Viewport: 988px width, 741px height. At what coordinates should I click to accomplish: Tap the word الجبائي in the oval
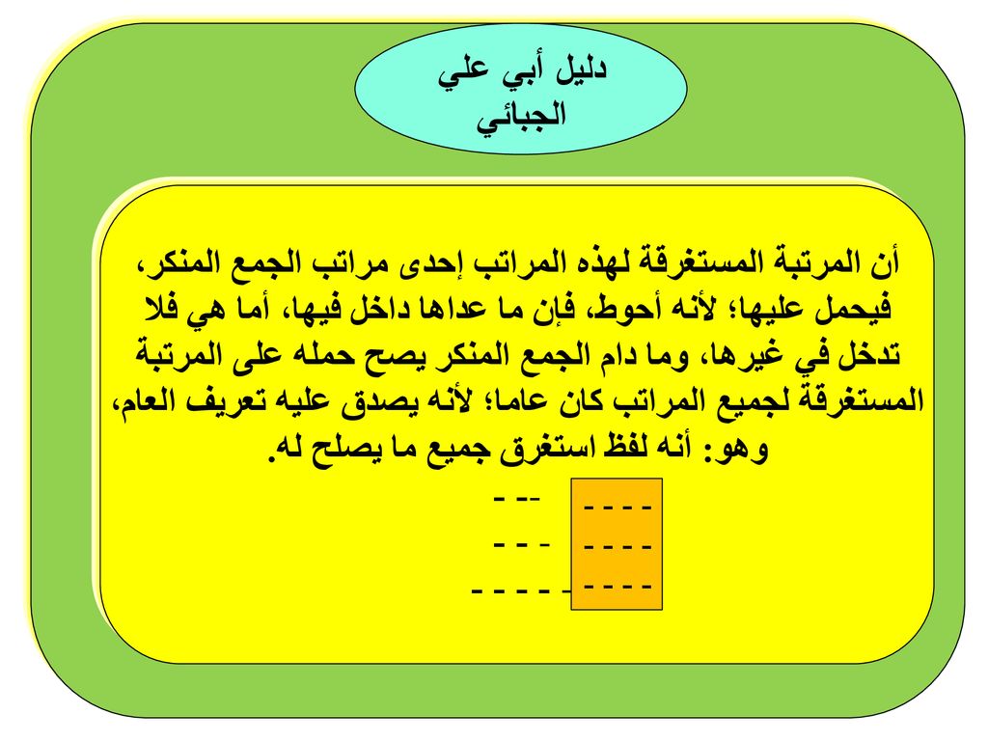tap(521, 117)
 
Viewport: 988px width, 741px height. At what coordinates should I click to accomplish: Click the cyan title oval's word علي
tap(464, 71)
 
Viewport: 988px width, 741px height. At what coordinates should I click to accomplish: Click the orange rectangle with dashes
tap(617, 544)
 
